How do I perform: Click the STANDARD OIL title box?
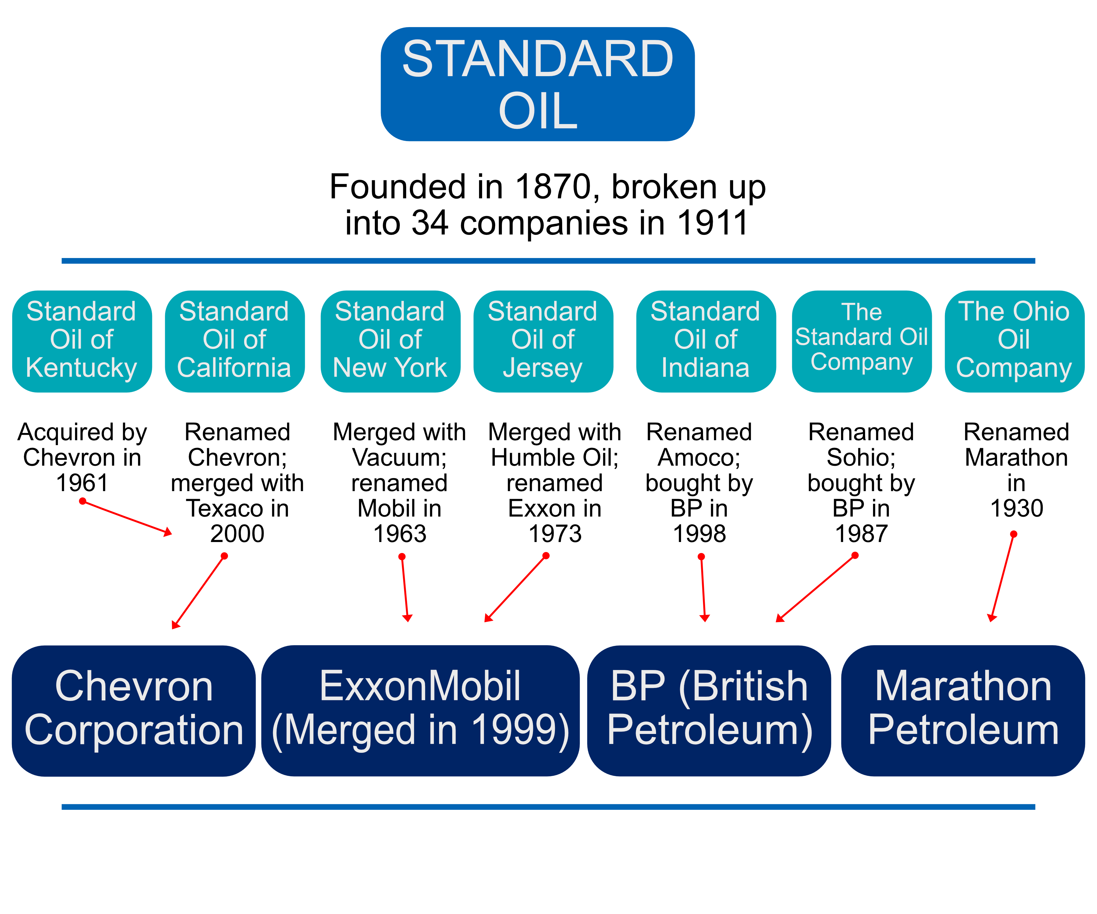[538, 84]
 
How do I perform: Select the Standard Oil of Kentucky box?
[82, 341]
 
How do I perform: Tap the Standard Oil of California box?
[235, 341]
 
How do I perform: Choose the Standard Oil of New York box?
[390, 341]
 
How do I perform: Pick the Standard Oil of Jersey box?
[543, 341]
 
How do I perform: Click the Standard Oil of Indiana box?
[706, 341]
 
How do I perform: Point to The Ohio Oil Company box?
[1014, 341]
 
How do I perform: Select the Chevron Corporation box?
[134, 710]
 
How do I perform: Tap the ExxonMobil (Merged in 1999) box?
[421, 710]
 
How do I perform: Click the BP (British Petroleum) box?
[709, 710]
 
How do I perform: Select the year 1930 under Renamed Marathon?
[1017, 508]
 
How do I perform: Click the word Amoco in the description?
[699, 458]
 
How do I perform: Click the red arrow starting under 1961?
[127, 517]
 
